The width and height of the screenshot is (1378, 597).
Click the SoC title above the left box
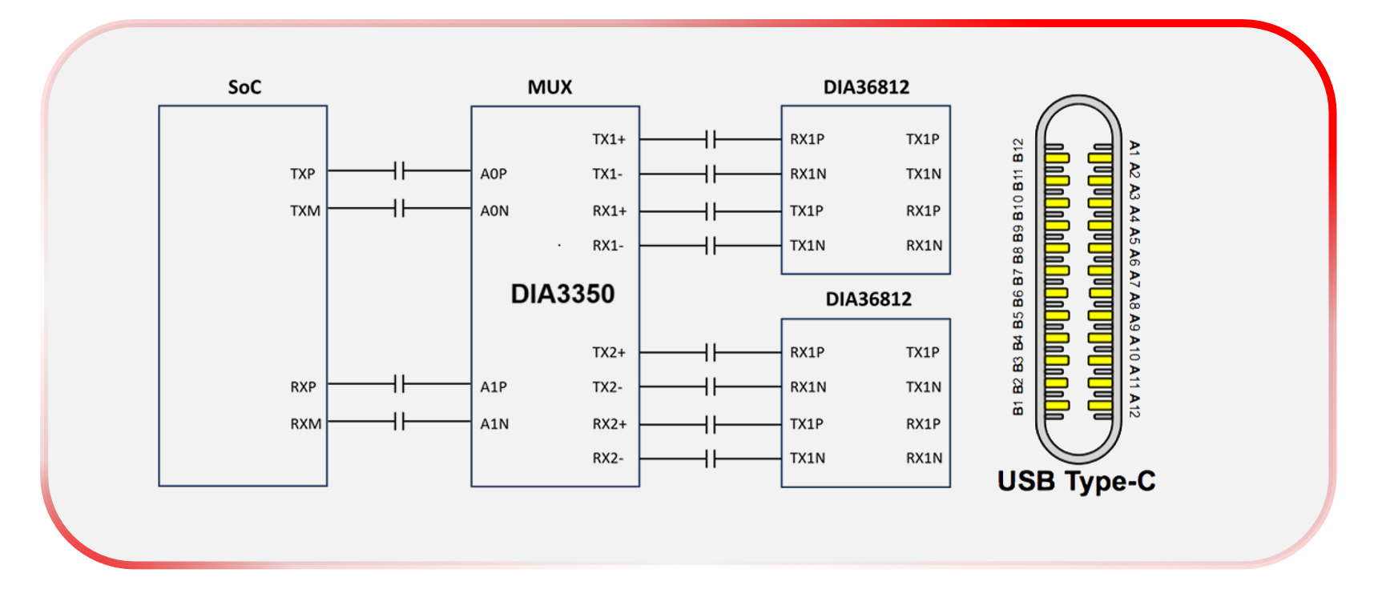244,87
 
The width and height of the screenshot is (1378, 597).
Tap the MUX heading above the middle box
550,87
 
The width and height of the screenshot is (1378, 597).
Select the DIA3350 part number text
562,294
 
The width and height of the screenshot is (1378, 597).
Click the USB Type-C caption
1076,481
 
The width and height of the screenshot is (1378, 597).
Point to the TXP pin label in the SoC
303,174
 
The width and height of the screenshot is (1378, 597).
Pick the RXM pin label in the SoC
305,423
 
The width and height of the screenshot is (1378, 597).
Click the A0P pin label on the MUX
494,174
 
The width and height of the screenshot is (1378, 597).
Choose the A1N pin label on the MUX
494,423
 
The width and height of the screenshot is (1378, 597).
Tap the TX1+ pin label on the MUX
609,139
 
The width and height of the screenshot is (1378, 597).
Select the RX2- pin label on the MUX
608,458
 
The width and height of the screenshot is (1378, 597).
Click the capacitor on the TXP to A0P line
400,170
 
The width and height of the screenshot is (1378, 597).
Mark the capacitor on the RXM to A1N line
400,421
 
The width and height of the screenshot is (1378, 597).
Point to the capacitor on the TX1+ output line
711,139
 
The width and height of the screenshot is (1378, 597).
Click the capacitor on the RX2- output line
711,459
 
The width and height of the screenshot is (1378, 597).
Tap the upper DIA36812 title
866,87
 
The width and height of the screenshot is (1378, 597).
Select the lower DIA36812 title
868,299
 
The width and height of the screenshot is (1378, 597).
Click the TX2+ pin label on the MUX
609,352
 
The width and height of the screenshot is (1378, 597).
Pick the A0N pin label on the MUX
494,210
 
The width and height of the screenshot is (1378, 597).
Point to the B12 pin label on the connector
1018,150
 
